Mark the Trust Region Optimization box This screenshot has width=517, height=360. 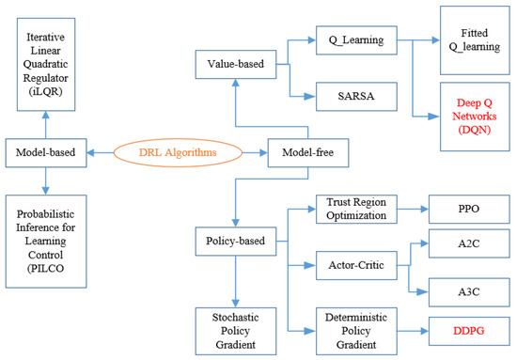pos(357,208)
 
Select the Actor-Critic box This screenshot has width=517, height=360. pos(357,267)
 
